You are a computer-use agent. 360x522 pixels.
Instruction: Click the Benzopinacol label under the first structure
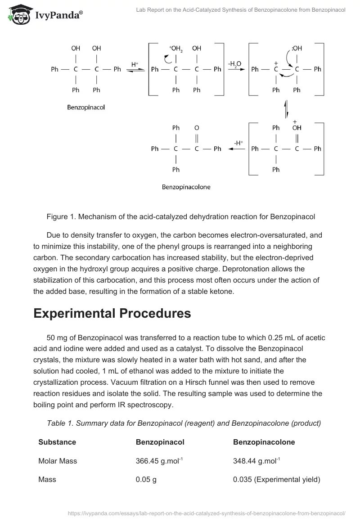[x=86, y=108]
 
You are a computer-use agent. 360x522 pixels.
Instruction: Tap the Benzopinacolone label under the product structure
[x=186, y=186]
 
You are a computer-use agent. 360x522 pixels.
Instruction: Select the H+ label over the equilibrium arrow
[x=135, y=64]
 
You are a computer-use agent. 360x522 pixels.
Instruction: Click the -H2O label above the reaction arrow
[x=234, y=64]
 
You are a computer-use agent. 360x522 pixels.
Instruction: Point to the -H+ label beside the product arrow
[x=238, y=143]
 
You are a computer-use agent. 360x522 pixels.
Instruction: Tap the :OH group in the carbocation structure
[x=297, y=49]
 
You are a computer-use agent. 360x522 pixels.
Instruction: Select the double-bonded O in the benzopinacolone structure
[x=197, y=128]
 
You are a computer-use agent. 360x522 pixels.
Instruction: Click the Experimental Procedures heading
[x=112, y=313]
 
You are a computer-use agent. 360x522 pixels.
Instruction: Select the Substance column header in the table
[x=57, y=442]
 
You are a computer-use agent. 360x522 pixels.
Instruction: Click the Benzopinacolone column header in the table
[x=264, y=442]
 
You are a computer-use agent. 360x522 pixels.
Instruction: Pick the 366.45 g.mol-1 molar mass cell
[x=159, y=461]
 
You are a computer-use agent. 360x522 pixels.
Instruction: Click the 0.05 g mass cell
[x=146, y=480]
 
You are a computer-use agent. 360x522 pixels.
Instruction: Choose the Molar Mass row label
[x=58, y=461]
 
